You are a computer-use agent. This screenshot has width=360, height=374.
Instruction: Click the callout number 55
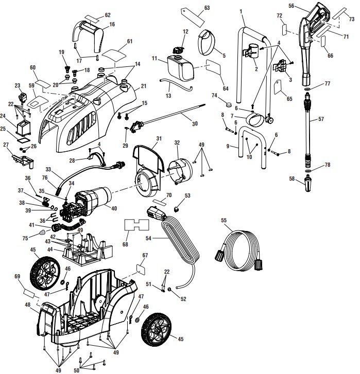click(223, 220)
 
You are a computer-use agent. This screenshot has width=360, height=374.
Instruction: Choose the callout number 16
click(112, 24)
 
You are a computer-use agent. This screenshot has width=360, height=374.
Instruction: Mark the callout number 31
click(159, 138)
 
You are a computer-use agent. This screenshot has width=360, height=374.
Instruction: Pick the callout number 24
click(10, 117)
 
